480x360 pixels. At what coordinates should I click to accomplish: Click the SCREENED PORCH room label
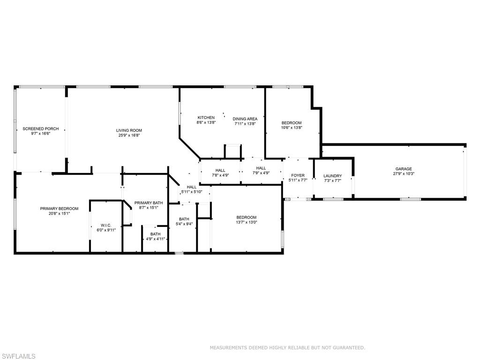pos(41,128)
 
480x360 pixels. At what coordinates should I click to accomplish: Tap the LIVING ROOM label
pos(129,130)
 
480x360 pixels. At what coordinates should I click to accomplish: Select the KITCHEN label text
pos(206,118)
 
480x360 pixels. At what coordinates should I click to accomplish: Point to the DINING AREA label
pos(245,119)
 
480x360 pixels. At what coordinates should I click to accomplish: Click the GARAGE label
pos(403,169)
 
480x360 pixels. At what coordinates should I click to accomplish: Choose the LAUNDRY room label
pos(333,176)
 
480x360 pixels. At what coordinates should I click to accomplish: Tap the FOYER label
pos(298,175)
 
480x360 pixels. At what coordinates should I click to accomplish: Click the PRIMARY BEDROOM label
pos(59,209)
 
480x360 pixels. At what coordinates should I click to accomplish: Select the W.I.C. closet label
pos(105,225)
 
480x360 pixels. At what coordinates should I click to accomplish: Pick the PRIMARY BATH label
pos(149,203)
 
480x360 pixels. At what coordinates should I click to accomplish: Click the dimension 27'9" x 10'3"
pos(403,174)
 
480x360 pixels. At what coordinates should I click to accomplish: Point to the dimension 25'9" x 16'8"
pos(129,135)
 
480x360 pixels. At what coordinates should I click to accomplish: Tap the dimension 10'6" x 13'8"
pos(291,127)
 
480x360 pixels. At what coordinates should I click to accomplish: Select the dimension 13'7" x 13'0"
pos(246,222)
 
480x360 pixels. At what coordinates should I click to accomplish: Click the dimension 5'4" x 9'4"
pos(184,224)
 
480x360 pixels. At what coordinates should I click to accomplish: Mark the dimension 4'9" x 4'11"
pos(155,239)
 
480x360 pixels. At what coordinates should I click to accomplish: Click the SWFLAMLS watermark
pos(18,356)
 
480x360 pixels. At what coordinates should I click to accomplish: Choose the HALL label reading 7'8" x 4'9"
pos(220,171)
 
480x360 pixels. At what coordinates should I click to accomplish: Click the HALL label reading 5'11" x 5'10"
pos(191,187)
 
